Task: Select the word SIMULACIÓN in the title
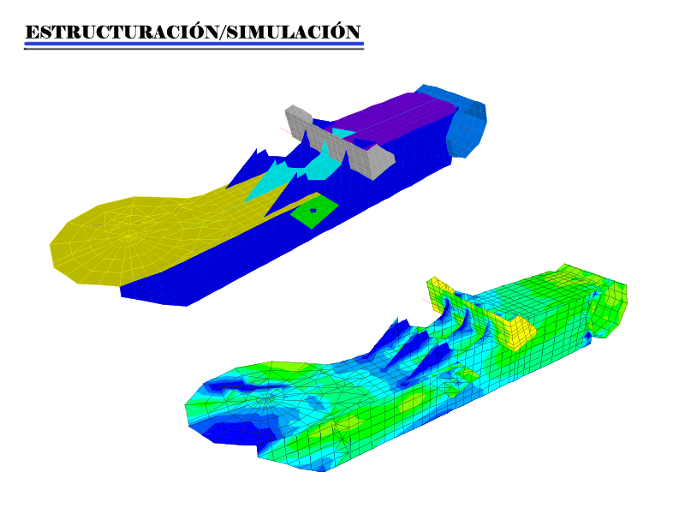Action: point(294,32)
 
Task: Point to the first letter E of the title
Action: point(32,33)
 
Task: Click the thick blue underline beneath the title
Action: point(194,44)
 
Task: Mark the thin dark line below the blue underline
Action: point(194,48)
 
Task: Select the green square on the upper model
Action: point(314,212)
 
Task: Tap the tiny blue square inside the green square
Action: point(313,211)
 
